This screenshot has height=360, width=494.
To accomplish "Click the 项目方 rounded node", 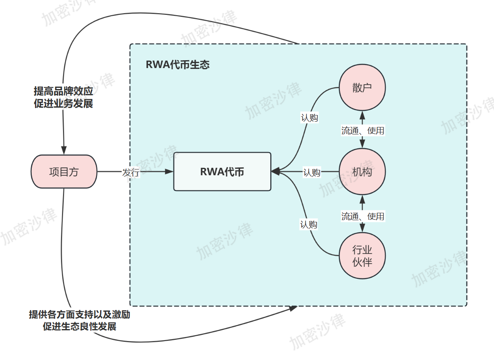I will pyautogui.click(x=64, y=172).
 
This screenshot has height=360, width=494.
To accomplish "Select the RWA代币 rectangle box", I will pyautogui.click(x=222, y=172).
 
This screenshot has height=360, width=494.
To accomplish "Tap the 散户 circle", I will pyautogui.click(x=362, y=87).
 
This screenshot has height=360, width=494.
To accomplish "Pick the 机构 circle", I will pyautogui.click(x=362, y=172).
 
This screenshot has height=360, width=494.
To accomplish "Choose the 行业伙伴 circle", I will pyautogui.click(x=362, y=256).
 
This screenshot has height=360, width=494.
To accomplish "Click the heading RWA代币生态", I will pyautogui.click(x=178, y=65).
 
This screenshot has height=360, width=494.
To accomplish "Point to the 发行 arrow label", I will pyautogui.click(x=131, y=173).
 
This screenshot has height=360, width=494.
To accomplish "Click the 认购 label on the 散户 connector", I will pyautogui.click(x=309, y=118).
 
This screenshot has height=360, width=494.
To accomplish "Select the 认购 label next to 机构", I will pyautogui.click(x=311, y=172).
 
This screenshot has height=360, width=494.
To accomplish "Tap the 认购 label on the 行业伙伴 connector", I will pyautogui.click(x=309, y=225).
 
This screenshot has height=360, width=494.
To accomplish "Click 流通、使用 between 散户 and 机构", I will pyautogui.click(x=363, y=131).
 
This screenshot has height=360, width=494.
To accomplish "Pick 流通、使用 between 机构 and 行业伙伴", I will pyautogui.click(x=363, y=216).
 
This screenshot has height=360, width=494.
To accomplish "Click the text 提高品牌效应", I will pyautogui.click(x=63, y=91).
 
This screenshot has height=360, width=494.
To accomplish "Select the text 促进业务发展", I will pyautogui.click(x=63, y=103).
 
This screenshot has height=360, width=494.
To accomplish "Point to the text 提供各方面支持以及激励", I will pyautogui.click(x=80, y=314).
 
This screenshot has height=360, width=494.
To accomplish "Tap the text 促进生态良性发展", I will pyautogui.click(x=80, y=327).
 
